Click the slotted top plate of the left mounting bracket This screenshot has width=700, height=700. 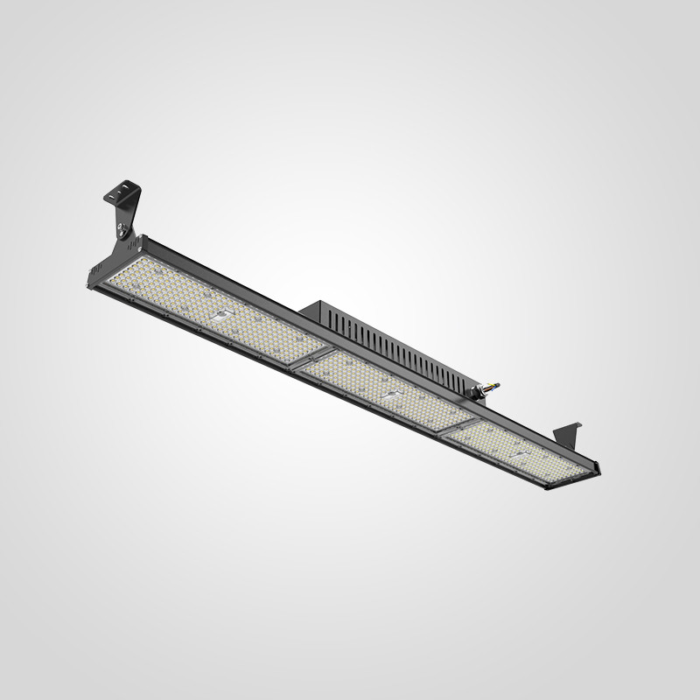coord(122,190)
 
